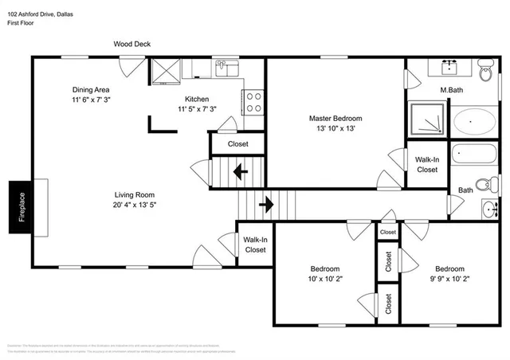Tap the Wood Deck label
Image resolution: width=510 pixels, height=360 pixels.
(x=131, y=45)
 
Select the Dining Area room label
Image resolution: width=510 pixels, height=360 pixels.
(x=91, y=90)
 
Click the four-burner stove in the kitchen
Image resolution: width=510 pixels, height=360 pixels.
(x=253, y=101)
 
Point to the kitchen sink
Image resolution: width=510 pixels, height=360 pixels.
(x=226, y=68)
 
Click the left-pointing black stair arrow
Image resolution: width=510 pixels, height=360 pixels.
(x=239, y=170)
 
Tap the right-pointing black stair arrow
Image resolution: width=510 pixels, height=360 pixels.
(x=265, y=205)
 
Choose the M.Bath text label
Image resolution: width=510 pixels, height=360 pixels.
(x=453, y=90)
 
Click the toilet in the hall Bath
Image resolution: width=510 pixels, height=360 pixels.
(x=492, y=184)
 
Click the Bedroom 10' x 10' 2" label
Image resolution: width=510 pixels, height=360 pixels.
(x=325, y=274)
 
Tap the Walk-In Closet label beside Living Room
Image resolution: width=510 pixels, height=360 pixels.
(x=255, y=245)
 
